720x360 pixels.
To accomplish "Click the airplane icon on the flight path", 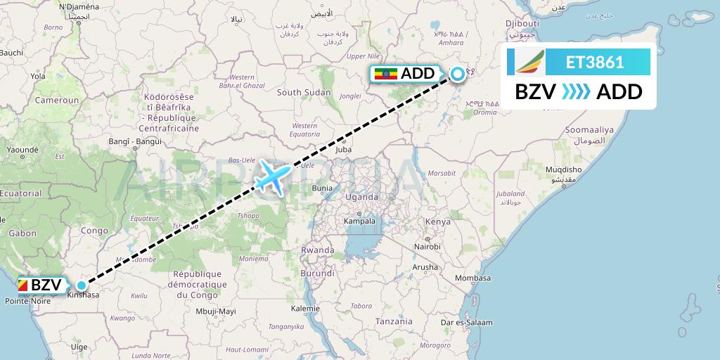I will pyautogui.click(x=271, y=176).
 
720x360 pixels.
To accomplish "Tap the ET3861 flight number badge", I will pyautogui.click(x=595, y=62).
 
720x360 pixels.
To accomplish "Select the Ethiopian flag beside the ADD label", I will pyautogui.click(x=387, y=74).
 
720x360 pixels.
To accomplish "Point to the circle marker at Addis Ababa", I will pyautogui.click(x=458, y=73).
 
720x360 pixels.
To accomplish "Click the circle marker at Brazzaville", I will pyautogui.click(x=82, y=285).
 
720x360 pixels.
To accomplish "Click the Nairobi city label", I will pyautogui.click(x=427, y=247).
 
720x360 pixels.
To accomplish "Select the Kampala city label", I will pyautogui.click(x=359, y=221).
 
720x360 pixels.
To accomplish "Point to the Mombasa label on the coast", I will pyautogui.click(x=472, y=278).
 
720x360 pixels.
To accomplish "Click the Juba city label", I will pyautogui.click(x=344, y=149).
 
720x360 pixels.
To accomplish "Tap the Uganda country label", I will pyautogui.click(x=361, y=197).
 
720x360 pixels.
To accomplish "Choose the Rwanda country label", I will pyautogui.click(x=317, y=250).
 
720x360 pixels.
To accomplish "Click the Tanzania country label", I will pyautogui.click(x=394, y=321).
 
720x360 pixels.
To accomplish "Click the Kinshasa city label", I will pyautogui.click(x=83, y=295).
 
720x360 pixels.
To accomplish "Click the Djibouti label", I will pyautogui.click(x=522, y=24).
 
